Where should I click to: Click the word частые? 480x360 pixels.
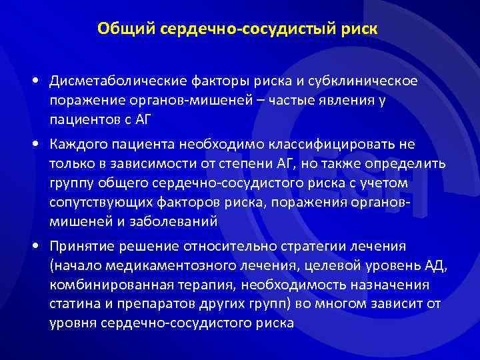(271, 100)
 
